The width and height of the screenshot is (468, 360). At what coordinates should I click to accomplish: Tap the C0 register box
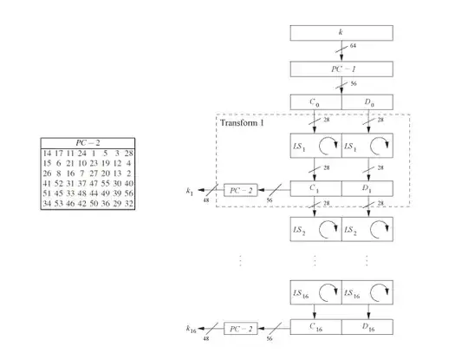(315, 101)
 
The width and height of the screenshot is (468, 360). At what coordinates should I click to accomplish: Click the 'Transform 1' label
(244, 121)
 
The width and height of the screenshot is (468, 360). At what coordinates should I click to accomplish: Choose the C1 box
(315, 187)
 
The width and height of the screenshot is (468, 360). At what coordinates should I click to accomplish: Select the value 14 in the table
(48, 154)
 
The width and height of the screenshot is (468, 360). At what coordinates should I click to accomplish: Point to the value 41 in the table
(48, 184)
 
